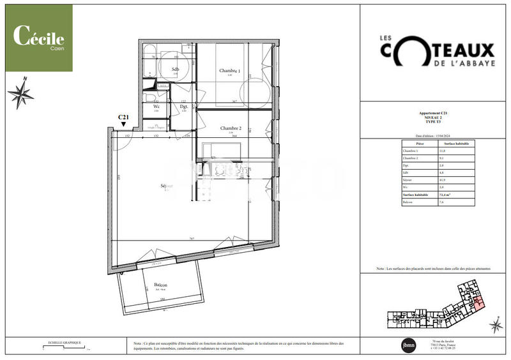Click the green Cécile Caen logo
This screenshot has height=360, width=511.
click(x=39, y=39)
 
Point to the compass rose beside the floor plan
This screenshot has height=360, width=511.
click(x=21, y=94)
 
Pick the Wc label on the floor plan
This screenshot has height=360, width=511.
click(x=156, y=107)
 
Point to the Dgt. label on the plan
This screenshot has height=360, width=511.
click(x=184, y=107)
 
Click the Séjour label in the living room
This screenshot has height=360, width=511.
click(x=167, y=186)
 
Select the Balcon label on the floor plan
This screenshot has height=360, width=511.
click(x=160, y=286)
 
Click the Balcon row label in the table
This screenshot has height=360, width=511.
click(x=406, y=202)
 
